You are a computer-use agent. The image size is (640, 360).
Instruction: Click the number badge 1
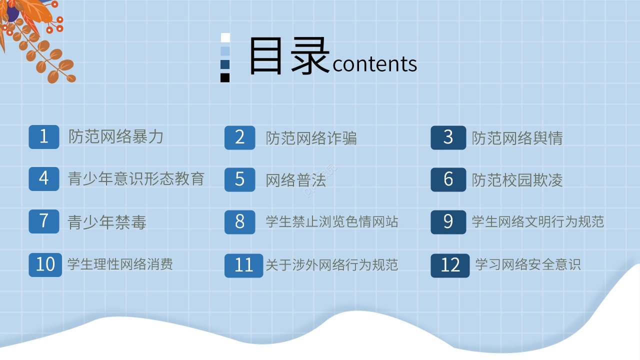44,136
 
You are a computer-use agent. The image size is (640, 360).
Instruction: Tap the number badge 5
240,179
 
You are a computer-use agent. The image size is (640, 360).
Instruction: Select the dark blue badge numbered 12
450,265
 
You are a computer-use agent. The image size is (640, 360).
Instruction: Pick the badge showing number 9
448,221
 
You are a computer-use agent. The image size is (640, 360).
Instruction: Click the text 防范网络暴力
116,136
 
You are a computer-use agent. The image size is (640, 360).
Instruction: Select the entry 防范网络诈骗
311,138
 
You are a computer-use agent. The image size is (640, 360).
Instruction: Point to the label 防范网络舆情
517,138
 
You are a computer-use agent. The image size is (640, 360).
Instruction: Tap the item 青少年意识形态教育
136,178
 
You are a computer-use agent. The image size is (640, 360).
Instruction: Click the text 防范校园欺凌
517,180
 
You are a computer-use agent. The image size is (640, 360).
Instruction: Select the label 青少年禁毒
107,222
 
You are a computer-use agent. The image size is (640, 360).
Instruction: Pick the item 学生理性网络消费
120,263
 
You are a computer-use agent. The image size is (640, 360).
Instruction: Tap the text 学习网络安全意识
527,264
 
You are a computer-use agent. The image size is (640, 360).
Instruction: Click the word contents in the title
374,64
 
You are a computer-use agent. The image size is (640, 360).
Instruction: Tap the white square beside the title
225,37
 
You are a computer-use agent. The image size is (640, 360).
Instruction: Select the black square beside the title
225,77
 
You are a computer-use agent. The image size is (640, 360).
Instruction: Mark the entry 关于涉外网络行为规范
331,264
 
